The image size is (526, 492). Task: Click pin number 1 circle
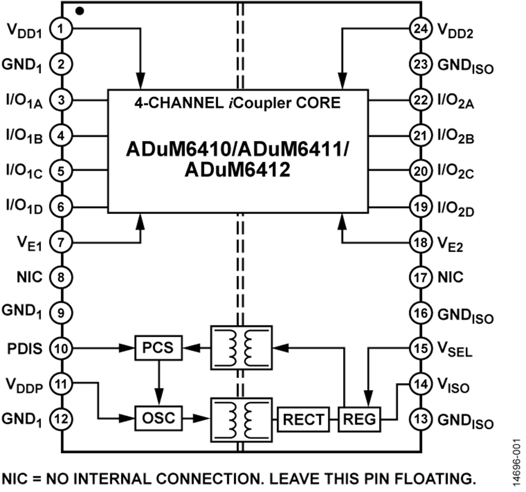[x=61, y=27]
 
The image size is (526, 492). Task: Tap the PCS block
[x=158, y=348]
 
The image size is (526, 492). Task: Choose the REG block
[x=359, y=419]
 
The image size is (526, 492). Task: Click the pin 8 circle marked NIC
[x=61, y=277]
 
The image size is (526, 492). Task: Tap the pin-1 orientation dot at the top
[x=80, y=11]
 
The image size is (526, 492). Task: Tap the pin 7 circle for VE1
[x=61, y=241]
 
